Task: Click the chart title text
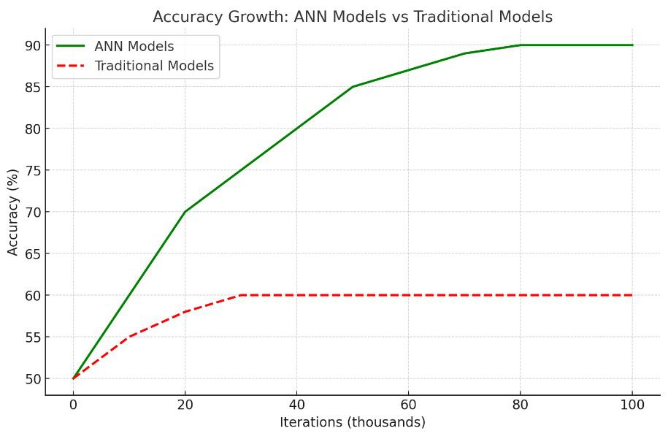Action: (353, 17)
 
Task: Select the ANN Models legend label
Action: (134, 46)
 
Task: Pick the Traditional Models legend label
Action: (154, 66)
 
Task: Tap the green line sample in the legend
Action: (70, 46)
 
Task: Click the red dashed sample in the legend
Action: (70, 66)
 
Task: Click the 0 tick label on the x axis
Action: (73, 405)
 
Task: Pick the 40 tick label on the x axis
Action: (296, 405)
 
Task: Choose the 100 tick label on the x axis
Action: (632, 405)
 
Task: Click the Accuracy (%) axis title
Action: (13, 213)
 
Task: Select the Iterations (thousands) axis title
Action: (353, 422)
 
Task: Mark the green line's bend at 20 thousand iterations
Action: (185, 212)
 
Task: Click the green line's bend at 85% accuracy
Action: (353, 87)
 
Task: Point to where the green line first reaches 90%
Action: (521, 45)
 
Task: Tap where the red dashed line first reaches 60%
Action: (241, 295)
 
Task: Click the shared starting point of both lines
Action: (73, 378)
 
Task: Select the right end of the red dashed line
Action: (632, 295)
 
